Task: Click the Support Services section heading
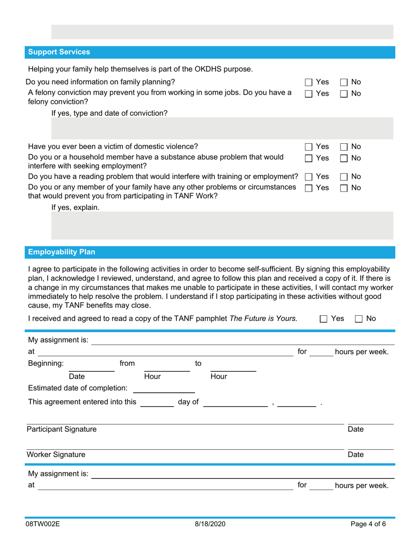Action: point(59,52)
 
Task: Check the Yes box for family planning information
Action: point(309,82)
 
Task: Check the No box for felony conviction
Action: point(343,93)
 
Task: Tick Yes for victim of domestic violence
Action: point(309,146)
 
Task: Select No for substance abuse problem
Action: point(343,158)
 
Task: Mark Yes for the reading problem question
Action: point(309,177)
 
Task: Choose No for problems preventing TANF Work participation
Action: point(343,188)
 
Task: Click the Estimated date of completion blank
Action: point(164,389)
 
